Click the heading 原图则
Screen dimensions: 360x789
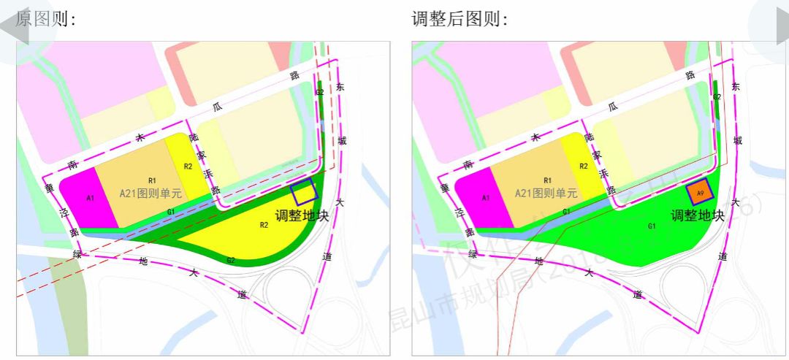coord(45,19)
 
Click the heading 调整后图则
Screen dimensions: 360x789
coord(460,19)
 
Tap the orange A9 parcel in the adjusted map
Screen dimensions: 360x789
coord(699,193)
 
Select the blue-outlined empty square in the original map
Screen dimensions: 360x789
coord(304,191)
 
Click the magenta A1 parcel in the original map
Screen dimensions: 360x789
coord(90,198)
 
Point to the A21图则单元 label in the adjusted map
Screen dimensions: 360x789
coord(546,194)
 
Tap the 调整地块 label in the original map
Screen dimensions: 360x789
coord(302,216)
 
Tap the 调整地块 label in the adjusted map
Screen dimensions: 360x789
coord(698,216)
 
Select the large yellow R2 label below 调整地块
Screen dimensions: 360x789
coord(264,226)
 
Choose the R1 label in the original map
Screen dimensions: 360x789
coord(152,180)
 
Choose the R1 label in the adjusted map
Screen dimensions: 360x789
coord(547,180)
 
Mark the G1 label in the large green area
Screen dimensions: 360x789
coord(651,226)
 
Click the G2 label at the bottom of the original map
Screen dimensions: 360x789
coord(230,260)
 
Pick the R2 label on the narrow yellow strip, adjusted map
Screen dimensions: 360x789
coord(583,166)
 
